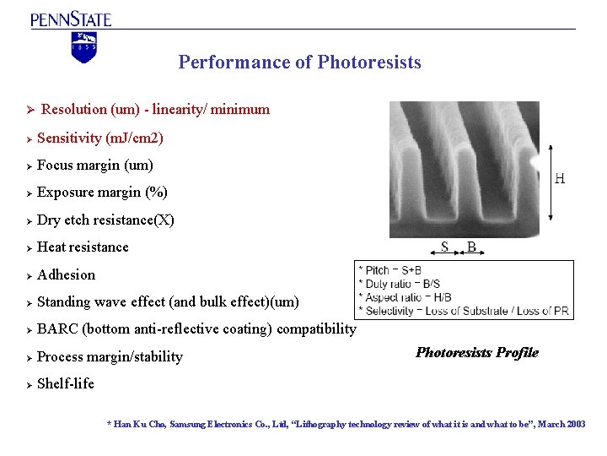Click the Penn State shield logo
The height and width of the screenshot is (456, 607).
[x=84, y=47]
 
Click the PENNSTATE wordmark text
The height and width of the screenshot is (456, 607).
[x=71, y=19]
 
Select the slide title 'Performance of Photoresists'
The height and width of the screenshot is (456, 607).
[x=299, y=62]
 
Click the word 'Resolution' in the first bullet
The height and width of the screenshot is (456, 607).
[x=73, y=109]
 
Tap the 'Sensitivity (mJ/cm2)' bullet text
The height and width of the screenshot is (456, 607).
[x=100, y=138]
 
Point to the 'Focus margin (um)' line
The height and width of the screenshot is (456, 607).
[x=95, y=165]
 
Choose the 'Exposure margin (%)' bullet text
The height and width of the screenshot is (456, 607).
[x=102, y=192]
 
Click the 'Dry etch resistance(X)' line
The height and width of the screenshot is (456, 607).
[x=105, y=220]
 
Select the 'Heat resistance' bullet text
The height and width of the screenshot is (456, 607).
[x=83, y=247]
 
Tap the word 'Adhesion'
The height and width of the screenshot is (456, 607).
[x=67, y=274]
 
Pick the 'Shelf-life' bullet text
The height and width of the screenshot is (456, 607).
[x=66, y=383]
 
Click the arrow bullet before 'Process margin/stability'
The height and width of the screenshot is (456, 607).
[x=29, y=357]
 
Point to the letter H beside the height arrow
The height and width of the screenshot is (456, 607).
[x=560, y=179]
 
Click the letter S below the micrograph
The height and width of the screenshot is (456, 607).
[x=444, y=247]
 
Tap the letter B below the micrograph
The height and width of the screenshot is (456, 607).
[x=471, y=247]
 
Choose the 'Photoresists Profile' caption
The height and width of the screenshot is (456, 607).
[x=477, y=352]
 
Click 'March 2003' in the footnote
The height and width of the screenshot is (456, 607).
[x=560, y=424]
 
